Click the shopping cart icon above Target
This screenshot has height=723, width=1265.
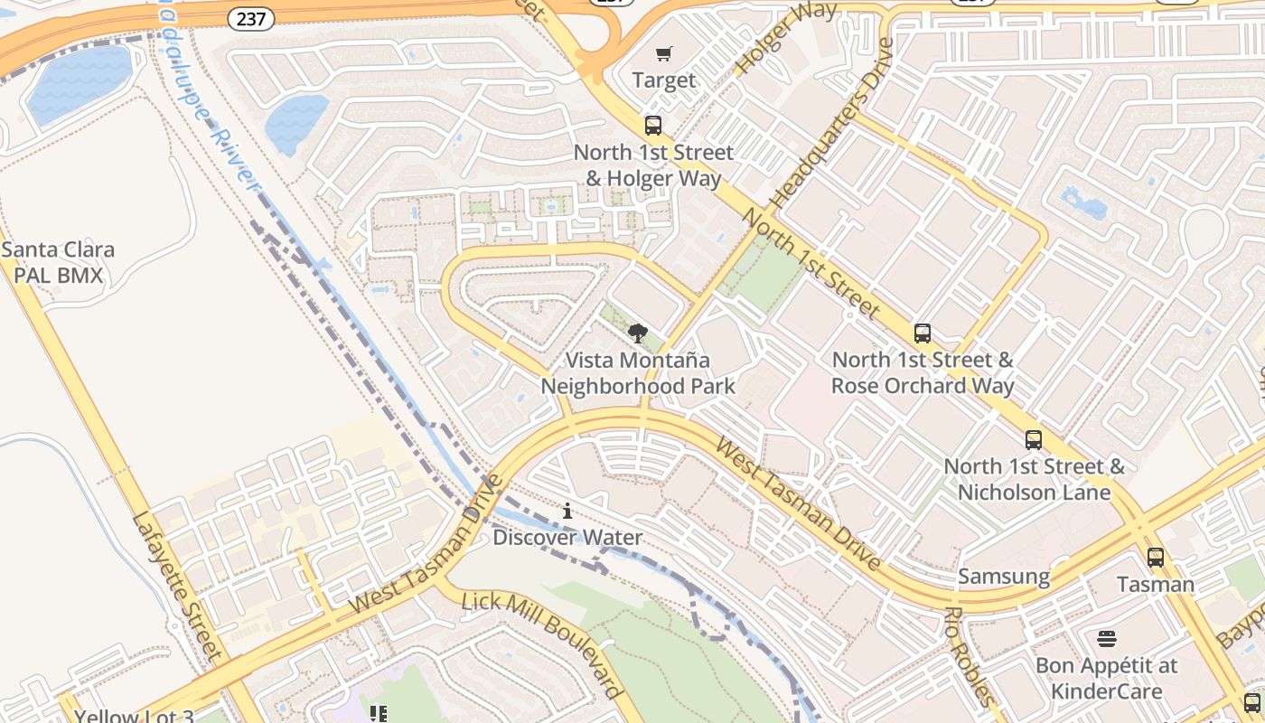pos(664,54)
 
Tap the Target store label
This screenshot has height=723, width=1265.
pos(664,80)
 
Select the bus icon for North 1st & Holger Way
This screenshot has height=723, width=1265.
pos(653,126)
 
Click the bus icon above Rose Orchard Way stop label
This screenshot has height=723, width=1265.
pos(922,333)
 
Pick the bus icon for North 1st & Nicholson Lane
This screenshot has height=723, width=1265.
pos(1034,440)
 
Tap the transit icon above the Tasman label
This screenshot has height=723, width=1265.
pos(1155,557)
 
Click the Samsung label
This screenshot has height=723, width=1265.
pos(1004,577)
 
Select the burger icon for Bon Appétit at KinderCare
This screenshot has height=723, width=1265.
pos(1107,639)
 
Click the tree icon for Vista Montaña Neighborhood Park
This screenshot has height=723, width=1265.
pos(638,333)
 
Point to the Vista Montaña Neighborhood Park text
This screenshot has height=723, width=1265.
pos(638,373)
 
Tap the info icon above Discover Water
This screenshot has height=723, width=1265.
pos(567,511)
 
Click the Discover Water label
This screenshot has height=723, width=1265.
pos(567,538)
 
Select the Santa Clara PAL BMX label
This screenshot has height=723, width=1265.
pos(58,262)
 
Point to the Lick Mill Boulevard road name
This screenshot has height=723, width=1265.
pos(542,643)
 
